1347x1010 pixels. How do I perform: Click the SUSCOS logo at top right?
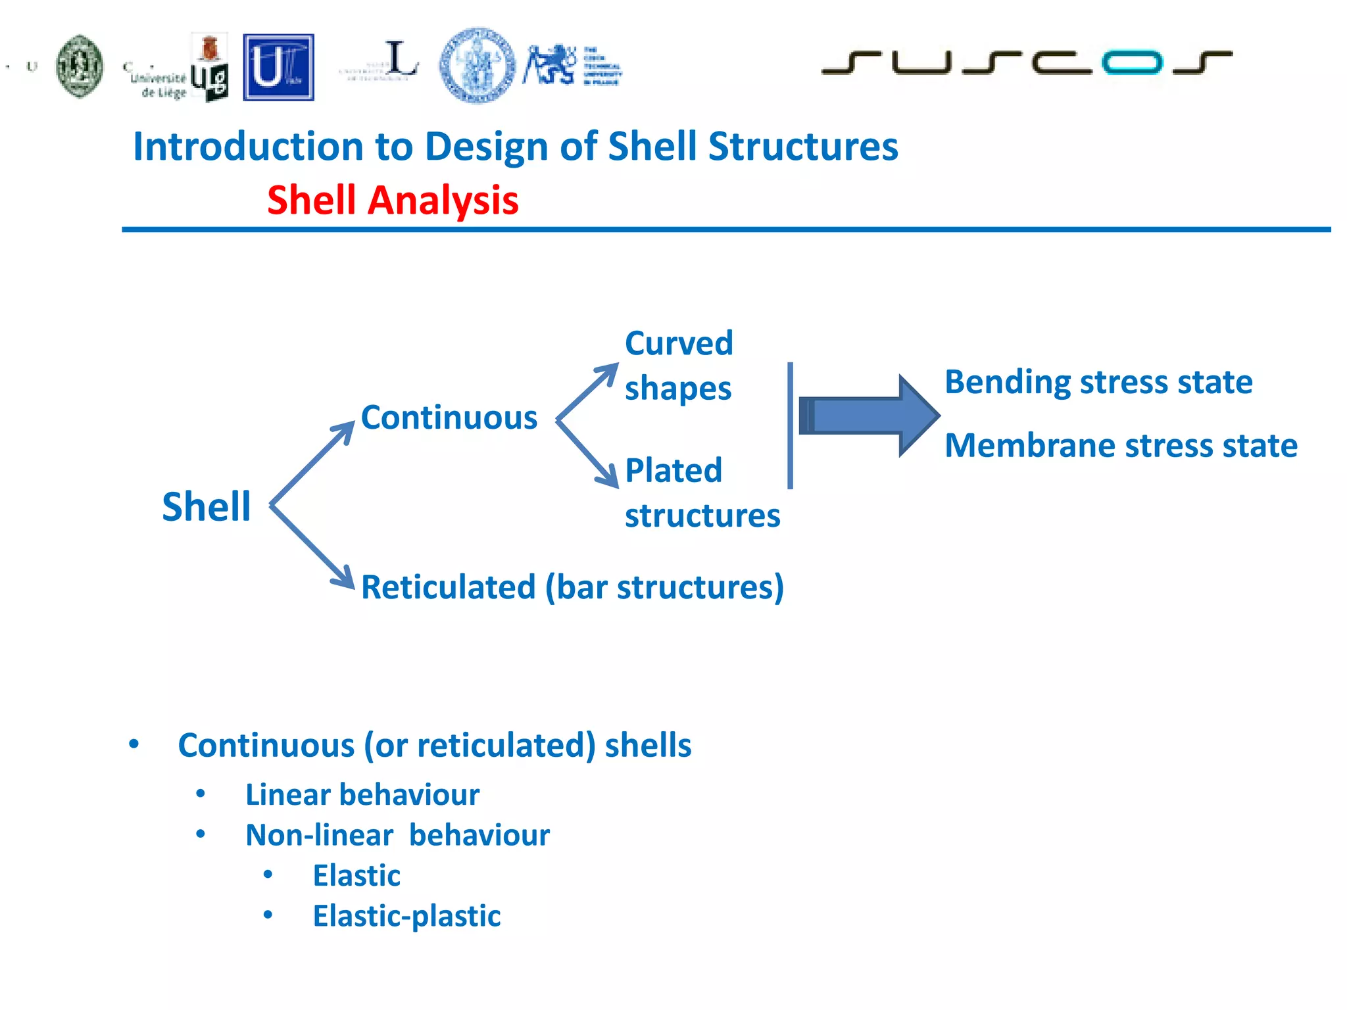click(1026, 62)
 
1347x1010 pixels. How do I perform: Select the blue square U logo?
click(279, 68)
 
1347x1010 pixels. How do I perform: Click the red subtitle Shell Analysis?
click(393, 200)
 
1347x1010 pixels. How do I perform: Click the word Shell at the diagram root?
click(207, 506)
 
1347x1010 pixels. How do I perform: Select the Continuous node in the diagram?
click(449, 418)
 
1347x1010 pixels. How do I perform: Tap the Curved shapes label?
click(679, 366)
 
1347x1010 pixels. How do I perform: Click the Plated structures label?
click(701, 493)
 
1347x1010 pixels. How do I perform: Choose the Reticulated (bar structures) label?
click(572, 587)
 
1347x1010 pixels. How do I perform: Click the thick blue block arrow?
click(868, 416)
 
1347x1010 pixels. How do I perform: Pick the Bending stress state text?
click(1098, 382)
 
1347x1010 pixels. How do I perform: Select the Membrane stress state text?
click(1121, 446)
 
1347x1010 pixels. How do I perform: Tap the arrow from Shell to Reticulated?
click(312, 546)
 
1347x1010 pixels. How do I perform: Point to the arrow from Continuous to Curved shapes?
click(587, 393)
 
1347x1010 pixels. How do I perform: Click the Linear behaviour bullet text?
click(362, 794)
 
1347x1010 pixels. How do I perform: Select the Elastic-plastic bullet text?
click(406, 916)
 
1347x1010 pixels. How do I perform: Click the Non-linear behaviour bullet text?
click(397, 835)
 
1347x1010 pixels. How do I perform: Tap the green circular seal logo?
click(80, 66)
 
